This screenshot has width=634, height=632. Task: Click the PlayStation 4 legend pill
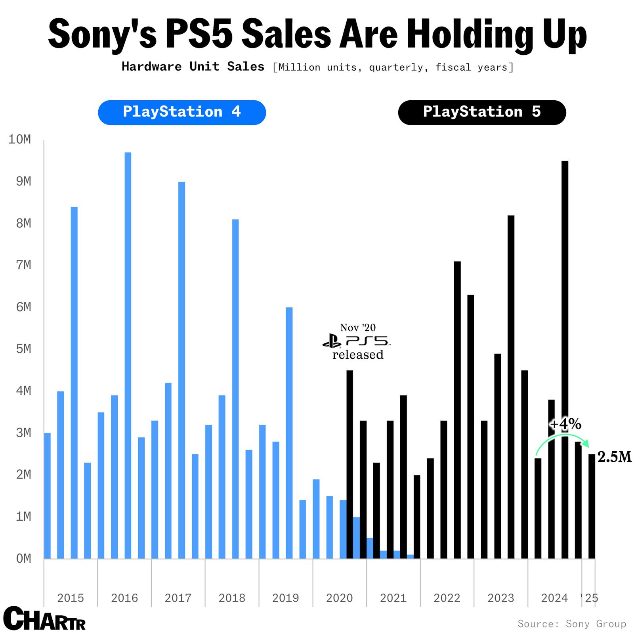point(182,112)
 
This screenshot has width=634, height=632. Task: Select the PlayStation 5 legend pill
point(482,112)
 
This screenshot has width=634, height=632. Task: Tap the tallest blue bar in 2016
point(128,355)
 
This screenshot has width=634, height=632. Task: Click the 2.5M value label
point(614,457)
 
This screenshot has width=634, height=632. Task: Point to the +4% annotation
point(565,425)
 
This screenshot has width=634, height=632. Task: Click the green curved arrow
point(561,438)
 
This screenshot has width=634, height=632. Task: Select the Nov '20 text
point(358,327)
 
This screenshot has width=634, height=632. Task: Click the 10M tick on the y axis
point(20,140)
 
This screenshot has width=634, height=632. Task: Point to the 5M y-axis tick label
point(23,349)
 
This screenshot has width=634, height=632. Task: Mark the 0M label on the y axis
point(23,559)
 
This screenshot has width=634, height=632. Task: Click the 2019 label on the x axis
point(285,598)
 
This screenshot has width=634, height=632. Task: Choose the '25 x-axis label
point(590,598)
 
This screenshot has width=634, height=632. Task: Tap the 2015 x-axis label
point(71,598)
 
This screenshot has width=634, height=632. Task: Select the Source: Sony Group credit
point(571,624)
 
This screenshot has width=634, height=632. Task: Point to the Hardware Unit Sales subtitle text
point(193,67)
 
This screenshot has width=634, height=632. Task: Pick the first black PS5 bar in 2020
point(349,464)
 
